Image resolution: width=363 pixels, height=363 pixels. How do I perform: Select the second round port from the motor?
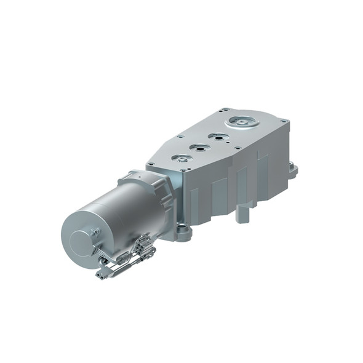tap(199, 147)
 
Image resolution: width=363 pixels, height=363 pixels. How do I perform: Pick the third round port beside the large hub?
tap(217, 136)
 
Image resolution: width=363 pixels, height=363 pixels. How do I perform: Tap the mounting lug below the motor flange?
tap(183, 233)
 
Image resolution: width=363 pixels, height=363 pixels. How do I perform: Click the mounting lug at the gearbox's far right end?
tap(293, 169)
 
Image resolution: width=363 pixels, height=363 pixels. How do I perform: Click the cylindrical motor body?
tap(117, 215)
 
